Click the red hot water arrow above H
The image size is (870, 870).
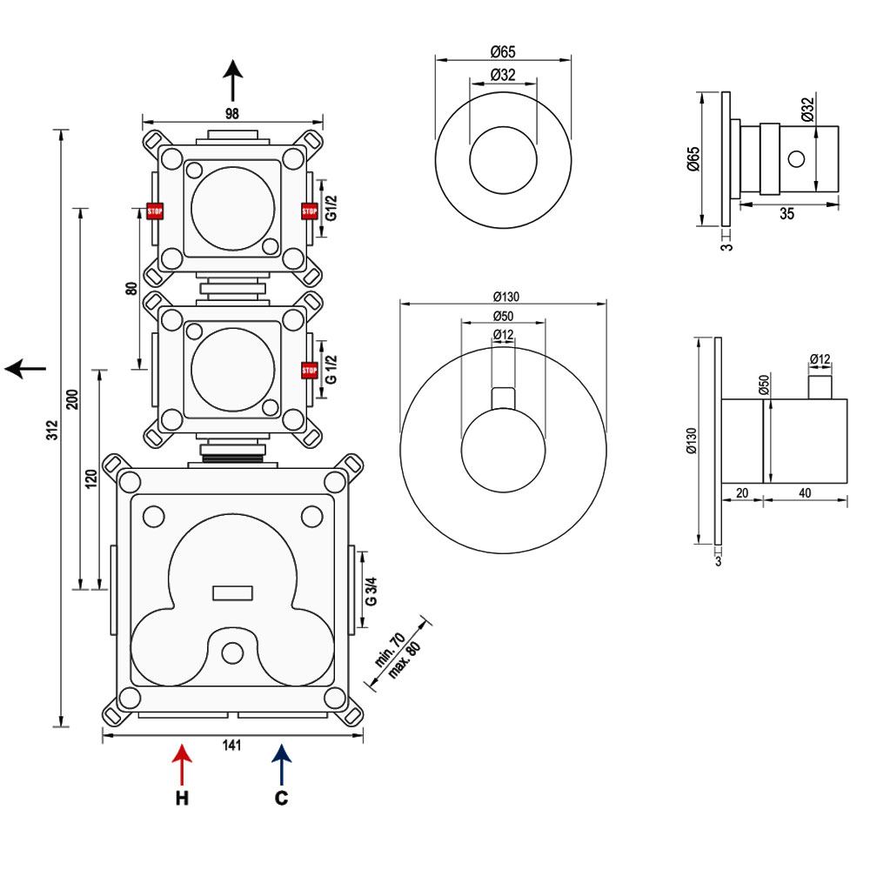pos(181,763)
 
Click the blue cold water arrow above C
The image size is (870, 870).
pos(281,763)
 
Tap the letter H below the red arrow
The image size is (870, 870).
pos(181,798)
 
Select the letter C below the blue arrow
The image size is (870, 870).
pos(281,798)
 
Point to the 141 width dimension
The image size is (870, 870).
pos(231,746)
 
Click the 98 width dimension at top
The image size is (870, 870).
pos(231,112)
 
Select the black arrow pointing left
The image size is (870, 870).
pos(25,369)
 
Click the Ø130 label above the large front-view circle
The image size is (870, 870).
pos(502,294)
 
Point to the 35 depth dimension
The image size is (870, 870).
pos(786,215)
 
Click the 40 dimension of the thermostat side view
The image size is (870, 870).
pos(804,492)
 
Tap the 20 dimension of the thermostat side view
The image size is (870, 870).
pos(742,492)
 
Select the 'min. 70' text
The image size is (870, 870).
pos(389,651)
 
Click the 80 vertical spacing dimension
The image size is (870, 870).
pos(131,290)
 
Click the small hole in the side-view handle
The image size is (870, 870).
pos(796,158)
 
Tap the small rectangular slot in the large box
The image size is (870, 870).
pos(232,593)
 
